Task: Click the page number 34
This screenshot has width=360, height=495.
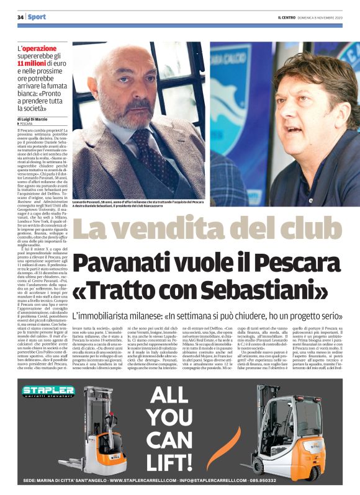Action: pyautogui.click(x=20, y=16)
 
